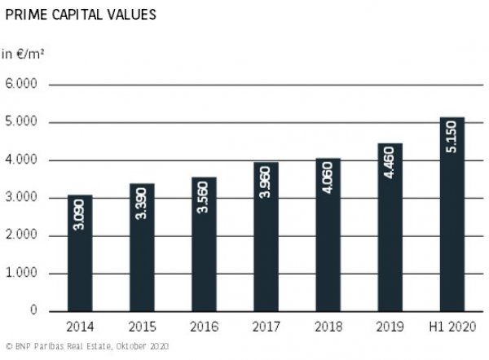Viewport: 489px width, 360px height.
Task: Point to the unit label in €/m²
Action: tap(22, 55)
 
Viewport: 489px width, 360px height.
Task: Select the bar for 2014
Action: tap(80, 252)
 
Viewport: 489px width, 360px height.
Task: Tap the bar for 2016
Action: tap(204, 244)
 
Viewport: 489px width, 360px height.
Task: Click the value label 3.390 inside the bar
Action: tap(142, 208)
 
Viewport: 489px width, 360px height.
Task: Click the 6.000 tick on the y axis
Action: tap(22, 85)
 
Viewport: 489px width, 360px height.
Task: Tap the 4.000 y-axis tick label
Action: tap(22, 160)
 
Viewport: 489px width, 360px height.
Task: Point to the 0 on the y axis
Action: tap(34, 310)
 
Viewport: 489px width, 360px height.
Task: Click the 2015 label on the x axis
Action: tap(142, 327)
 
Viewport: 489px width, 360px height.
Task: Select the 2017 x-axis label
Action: tap(266, 327)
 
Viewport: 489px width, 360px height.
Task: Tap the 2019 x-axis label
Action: tap(390, 327)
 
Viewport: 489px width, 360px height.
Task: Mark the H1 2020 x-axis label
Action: tap(452, 327)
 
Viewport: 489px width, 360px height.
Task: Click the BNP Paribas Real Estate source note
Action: tap(86, 347)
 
